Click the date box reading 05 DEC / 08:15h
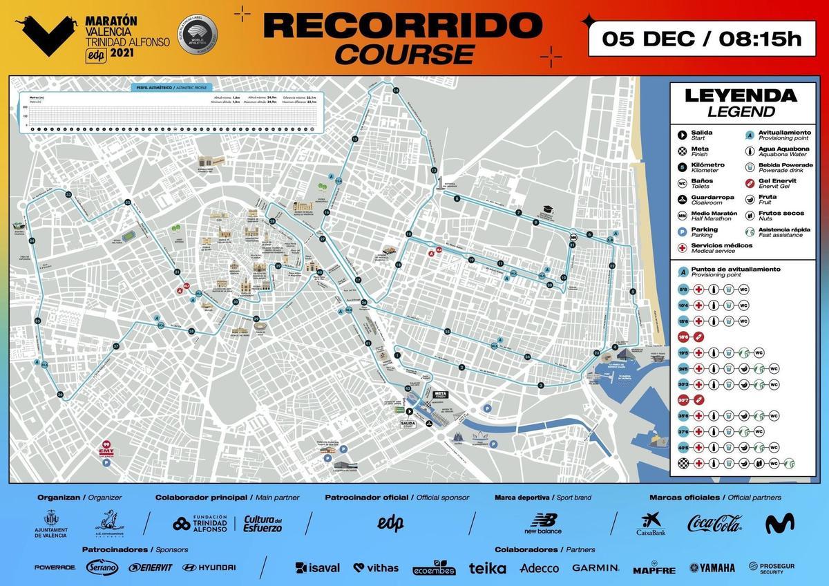701,39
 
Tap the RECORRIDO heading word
400,26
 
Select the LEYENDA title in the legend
740,96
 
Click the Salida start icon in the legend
683,133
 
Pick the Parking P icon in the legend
683,231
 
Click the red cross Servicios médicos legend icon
683,247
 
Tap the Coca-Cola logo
714,524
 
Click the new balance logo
543,523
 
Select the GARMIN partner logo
595,568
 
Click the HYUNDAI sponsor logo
209,568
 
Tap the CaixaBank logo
650,524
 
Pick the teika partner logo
488,568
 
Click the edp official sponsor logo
390,523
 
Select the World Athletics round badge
197,32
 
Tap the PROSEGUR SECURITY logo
772,568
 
